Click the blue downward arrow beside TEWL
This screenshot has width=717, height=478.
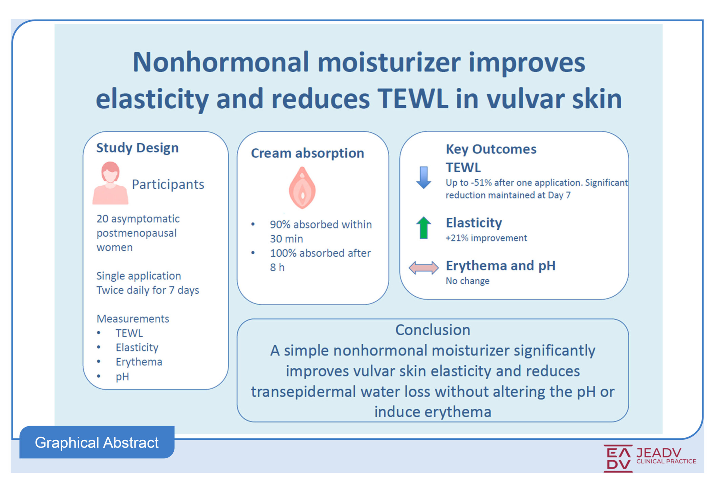tap(423, 177)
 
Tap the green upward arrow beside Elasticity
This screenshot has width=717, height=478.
tap(423, 228)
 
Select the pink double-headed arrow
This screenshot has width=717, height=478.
tap(423, 267)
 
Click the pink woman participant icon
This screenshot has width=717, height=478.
tap(110, 183)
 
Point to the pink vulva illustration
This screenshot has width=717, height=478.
tap(302, 188)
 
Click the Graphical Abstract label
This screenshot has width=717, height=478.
tap(97, 442)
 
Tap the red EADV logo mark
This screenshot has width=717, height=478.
tap(618, 458)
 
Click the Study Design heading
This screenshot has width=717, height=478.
tap(137, 148)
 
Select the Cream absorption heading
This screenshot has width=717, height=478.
tap(307, 153)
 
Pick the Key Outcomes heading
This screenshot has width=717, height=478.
tap(491, 149)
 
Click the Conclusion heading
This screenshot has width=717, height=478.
tap(433, 330)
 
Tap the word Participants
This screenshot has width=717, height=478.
tap(168, 184)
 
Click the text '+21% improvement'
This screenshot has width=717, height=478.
tap(486, 238)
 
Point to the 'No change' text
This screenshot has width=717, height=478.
tap(468, 281)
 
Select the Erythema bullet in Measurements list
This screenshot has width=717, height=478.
tap(139, 362)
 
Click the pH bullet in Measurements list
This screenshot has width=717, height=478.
tap(122, 376)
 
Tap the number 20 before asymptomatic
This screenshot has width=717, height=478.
tap(102, 219)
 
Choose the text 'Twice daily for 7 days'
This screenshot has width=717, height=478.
tap(148, 290)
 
